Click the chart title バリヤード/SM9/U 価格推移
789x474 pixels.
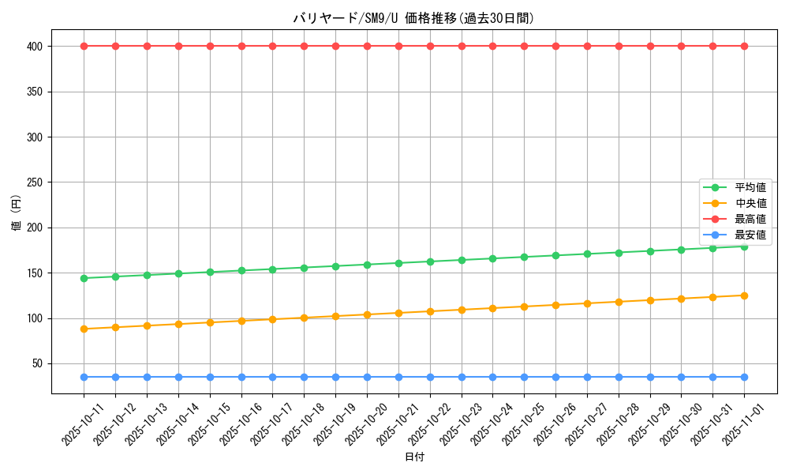coord(413,18)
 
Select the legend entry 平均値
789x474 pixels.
coord(750,187)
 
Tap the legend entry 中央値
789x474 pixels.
coord(750,203)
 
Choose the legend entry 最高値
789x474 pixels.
coord(750,219)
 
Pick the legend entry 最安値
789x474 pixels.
coord(750,235)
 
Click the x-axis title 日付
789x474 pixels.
coord(414,457)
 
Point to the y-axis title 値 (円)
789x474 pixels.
coord(16,213)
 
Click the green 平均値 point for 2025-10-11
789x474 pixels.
coord(84,278)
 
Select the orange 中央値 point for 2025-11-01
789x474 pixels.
coord(744,295)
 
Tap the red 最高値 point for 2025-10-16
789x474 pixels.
coord(241,46)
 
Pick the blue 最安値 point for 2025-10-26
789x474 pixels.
coord(555,377)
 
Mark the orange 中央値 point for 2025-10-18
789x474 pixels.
coord(304,318)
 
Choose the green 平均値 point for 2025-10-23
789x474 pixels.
coord(462,260)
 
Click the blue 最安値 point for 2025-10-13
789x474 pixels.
coord(147,377)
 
